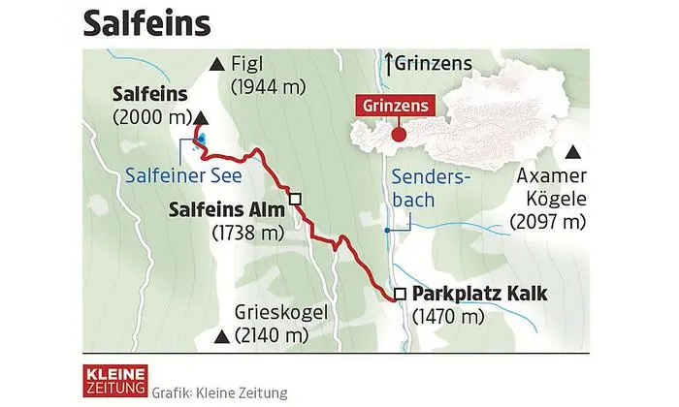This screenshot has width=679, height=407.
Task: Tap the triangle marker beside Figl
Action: point(215,66)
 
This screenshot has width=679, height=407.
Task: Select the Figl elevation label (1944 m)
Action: point(269,87)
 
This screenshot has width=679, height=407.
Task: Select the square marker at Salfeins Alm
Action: point(296,199)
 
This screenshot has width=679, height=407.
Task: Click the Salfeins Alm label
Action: point(225,209)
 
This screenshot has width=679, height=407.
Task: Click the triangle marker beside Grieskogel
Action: point(223,337)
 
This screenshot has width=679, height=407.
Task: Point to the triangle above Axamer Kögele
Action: point(573,152)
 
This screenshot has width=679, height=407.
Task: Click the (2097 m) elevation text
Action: point(549,222)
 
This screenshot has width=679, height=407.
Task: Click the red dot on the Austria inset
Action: point(398,134)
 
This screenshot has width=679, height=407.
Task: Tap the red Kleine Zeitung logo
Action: point(113,379)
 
